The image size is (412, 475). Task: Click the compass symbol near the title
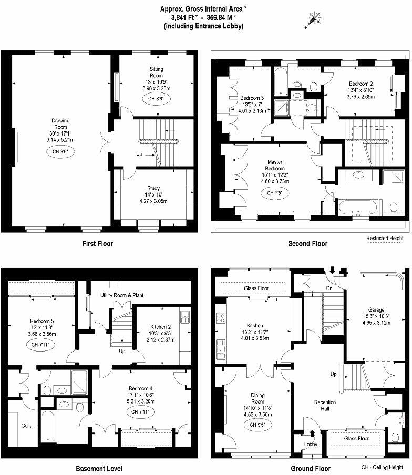point(315,19)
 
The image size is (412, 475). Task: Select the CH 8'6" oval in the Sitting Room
point(156,98)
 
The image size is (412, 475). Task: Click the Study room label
point(153,188)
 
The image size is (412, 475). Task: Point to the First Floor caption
point(98,243)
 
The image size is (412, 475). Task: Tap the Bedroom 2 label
point(361,84)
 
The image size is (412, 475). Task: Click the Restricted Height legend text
point(385,238)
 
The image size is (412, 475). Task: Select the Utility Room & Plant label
point(122,296)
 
